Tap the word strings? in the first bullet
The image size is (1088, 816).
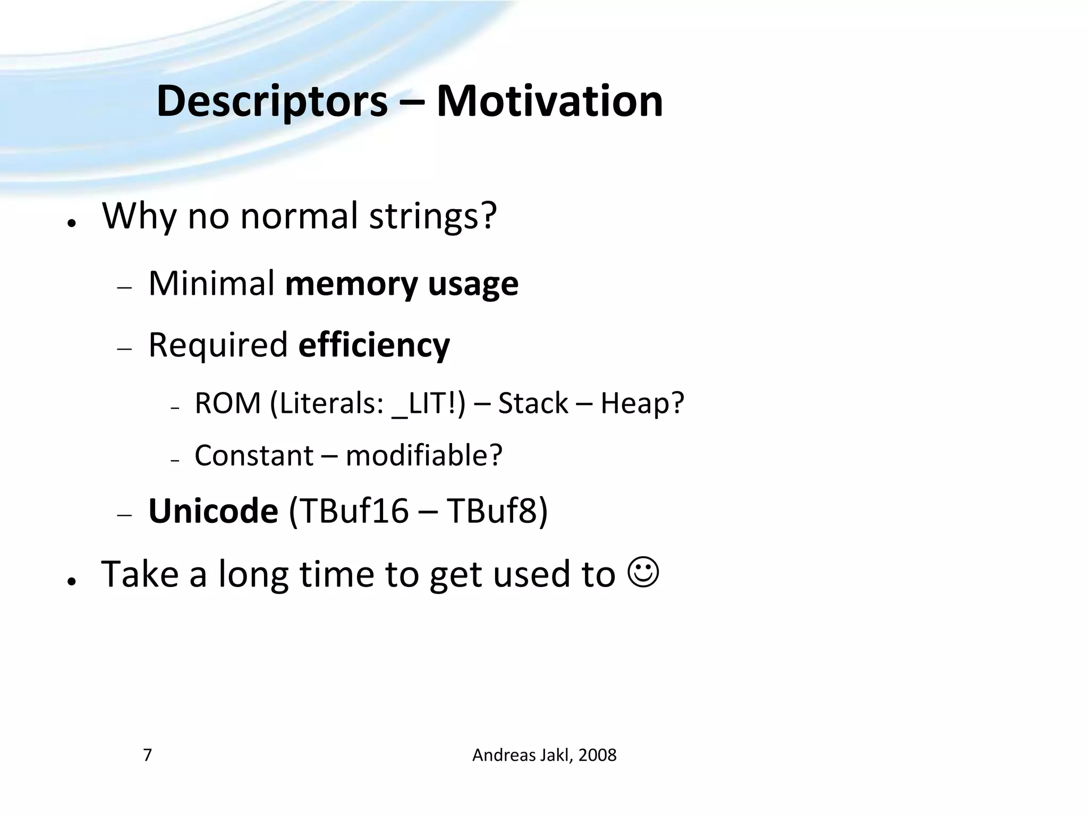pos(432,216)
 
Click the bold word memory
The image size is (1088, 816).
pos(351,284)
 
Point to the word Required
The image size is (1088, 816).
pos(218,345)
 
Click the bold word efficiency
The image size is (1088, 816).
pos(374,346)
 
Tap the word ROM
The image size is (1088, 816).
pos(227,403)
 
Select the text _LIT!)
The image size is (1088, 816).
pos(428,404)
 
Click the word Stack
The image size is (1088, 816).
pos(533,403)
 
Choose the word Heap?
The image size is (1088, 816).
pos(642,403)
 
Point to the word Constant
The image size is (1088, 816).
pos(254,455)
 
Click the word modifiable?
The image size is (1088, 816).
pos(423,455)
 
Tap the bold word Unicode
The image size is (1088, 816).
pos(213,511)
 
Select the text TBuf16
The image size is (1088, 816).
pos(348,511)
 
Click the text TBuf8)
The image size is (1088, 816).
pos(497,511)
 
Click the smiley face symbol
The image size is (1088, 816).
pos(643,573)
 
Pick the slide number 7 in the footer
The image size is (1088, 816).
pos(148,755)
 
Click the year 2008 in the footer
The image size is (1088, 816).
pos(597,755)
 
